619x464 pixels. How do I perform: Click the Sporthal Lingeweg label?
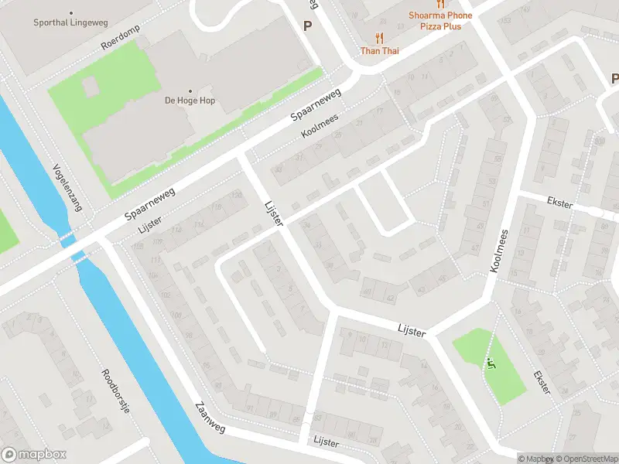[70, 23]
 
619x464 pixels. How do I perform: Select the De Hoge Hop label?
[190, 101]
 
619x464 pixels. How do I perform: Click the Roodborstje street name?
[115, 391]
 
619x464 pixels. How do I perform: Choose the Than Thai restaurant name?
[379, 51]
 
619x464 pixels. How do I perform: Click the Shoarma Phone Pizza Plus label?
[440, 21]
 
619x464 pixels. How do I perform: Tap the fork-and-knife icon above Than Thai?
[379, 37]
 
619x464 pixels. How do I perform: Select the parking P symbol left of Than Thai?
[307, 26]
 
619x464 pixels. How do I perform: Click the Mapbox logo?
[33, 455]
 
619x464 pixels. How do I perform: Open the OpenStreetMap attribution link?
[586, 459]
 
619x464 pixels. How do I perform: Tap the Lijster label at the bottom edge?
[327, 439]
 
